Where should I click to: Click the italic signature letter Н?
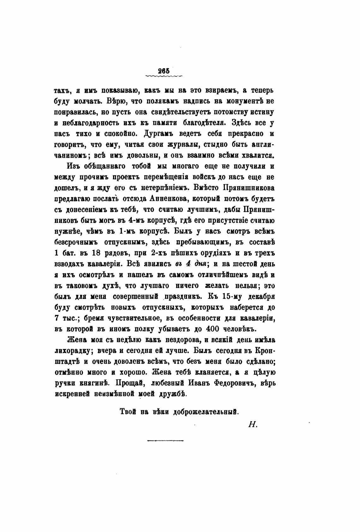click(x=253, y=425)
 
